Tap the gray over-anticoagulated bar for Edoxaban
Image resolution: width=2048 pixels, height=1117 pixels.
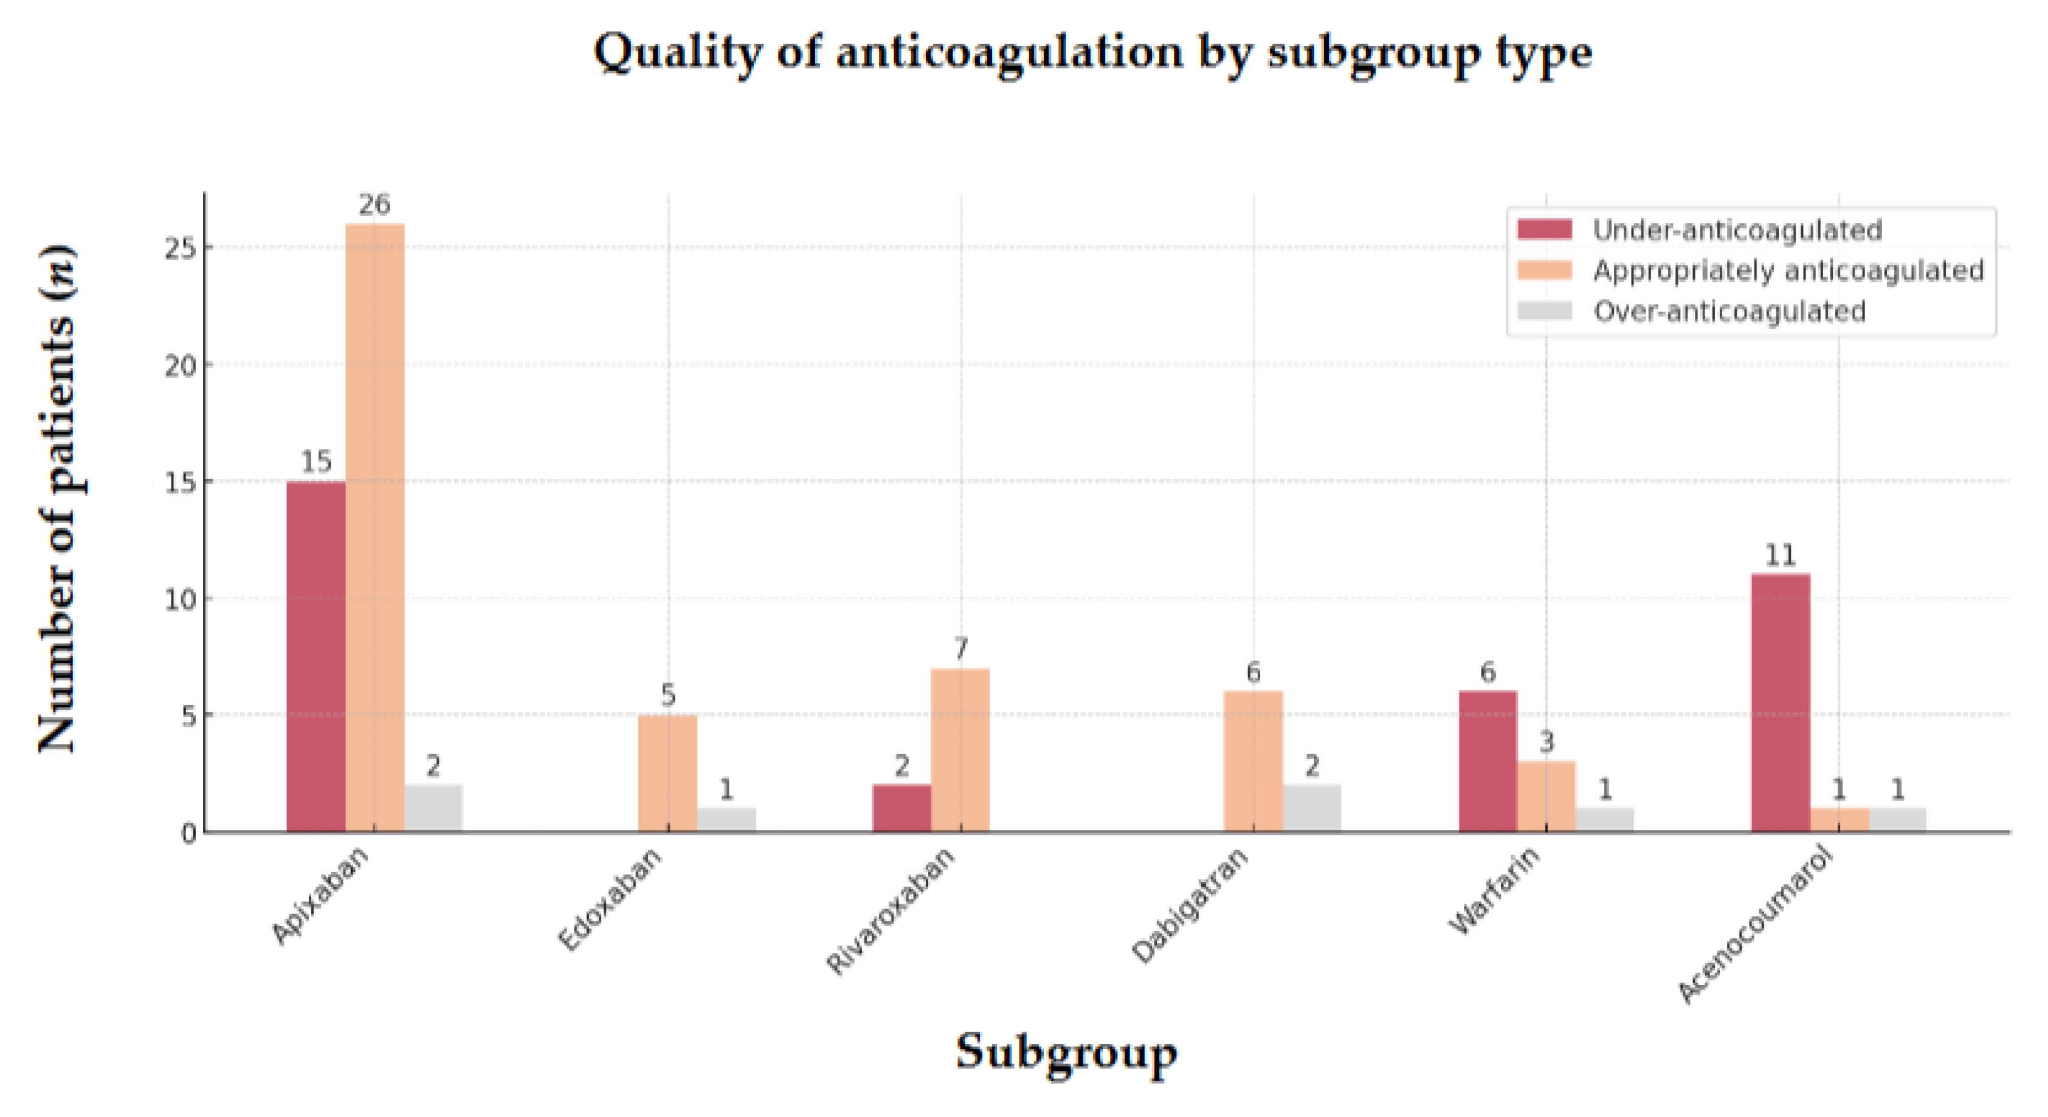(x=726, y=820)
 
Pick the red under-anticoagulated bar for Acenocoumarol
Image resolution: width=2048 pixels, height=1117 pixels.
(x=1781, y=702)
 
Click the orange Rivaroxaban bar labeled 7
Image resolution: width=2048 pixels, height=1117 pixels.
(x=960, y=750)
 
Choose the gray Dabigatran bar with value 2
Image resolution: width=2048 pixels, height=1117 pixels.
(x=1312, y=808)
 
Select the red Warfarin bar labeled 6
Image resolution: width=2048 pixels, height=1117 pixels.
(x=1488, y=761)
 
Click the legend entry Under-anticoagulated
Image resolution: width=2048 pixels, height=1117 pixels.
(x=1737, y=230)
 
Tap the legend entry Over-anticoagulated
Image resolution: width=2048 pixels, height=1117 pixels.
(x=1729, y=311)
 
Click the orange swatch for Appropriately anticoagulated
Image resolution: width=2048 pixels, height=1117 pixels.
(x=1544, y=270)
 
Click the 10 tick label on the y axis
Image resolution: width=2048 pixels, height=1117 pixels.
(x=181, y=599)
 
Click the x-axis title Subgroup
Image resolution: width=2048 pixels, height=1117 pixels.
(x=1066, y=1052)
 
